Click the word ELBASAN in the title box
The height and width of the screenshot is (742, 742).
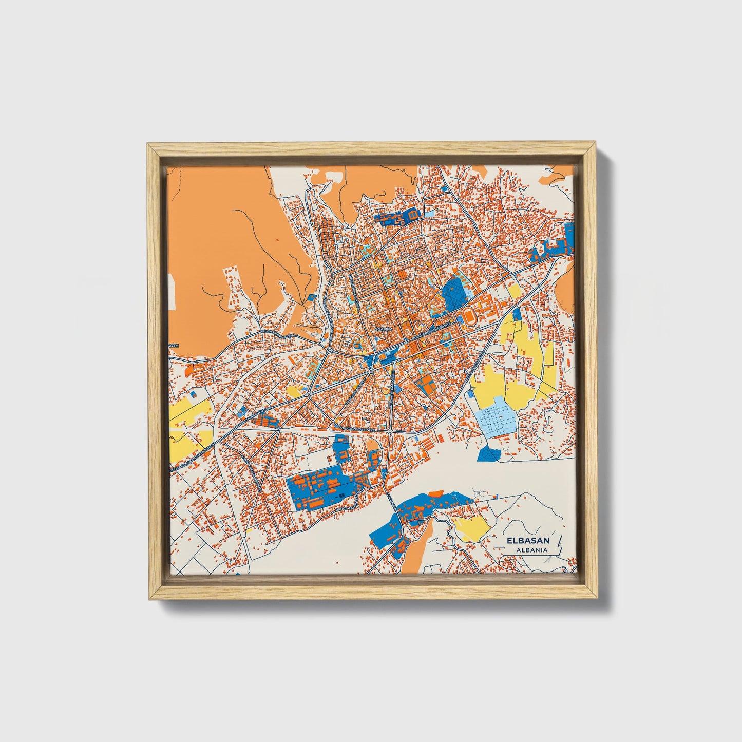tap(528, 540)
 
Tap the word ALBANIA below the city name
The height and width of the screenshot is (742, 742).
tap(528, 550)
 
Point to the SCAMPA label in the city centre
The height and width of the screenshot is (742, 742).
tap(384, 328)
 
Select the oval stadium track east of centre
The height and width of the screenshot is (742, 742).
tap(469, 315)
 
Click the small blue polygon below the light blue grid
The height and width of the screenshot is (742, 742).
tap(488, 453)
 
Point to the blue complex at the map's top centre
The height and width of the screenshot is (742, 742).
tap(398, 217)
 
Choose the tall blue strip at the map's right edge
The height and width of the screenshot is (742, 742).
tap(569, 237)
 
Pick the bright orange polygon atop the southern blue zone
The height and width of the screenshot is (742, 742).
tap(435, 493)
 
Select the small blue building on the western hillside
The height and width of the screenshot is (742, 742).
tap(311, 296)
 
